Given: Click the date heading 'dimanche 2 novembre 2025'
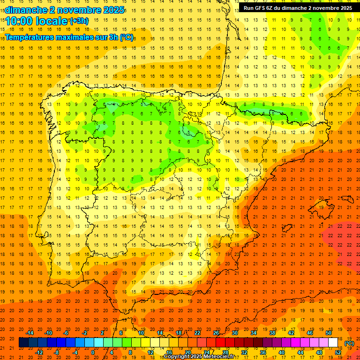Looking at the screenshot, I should pyautogui.click(x=64, y=10).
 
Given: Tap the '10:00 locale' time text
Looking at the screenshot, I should pyautogui.click(x=36, y=21).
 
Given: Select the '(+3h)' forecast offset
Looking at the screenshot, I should pyautogui.click(x=78, y=21).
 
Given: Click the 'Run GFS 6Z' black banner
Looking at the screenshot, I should pyautogui.click(x=298, y=8).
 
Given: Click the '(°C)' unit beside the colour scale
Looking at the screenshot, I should pyautogui.click(x=349, y=343).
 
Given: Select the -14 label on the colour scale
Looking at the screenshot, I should pyautogui.click(x=30, y=332).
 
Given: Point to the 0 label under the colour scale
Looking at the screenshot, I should pyautogui.click(x=92, y=352).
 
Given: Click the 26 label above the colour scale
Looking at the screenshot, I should pyautogui.click(x=216, y=332).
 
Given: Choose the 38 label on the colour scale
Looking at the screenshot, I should pyautogui.click(x=272, y=332).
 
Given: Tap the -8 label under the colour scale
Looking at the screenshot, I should pyautogui.click(x=56, y=352).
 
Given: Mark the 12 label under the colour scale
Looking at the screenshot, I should pyautogui.click(x=150, y=352).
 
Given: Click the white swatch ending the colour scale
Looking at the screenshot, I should pyautogui.click(x=333, y=343).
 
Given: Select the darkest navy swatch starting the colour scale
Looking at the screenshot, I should pyautogui.click(x=23, y=343).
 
